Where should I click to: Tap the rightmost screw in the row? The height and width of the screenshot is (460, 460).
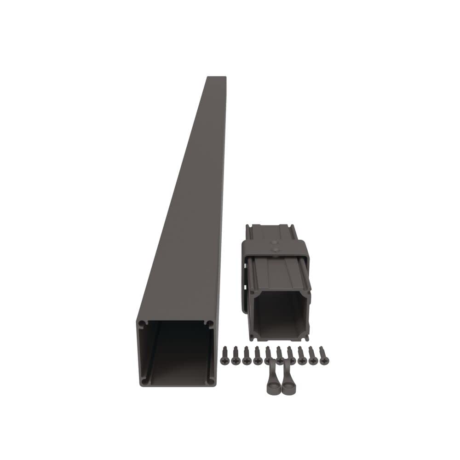click(324, 354)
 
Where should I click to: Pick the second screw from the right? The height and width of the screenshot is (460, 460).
click(313, 354)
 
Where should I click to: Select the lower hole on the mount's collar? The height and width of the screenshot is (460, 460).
click(275, 250)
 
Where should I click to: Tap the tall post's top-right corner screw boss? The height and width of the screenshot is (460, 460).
click(210, 324)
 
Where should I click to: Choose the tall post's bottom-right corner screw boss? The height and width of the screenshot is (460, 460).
click(210, 381)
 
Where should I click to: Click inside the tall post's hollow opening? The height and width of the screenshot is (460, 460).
click(177, 352)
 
